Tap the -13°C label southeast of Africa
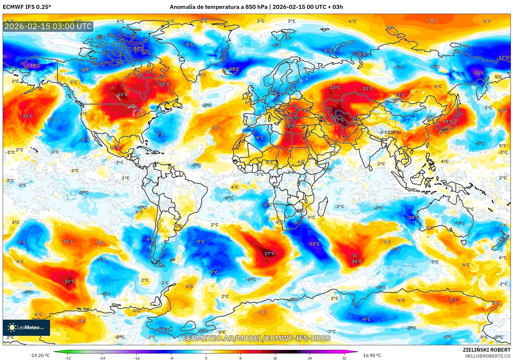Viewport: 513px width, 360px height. point(314,244)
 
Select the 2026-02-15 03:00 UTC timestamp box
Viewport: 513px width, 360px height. point(48,26)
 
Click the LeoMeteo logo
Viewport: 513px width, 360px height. point(26,327)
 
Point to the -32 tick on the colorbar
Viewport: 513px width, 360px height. point(68,358)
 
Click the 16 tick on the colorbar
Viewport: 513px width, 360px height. point(275,358)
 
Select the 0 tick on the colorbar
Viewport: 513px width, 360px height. point(206,358)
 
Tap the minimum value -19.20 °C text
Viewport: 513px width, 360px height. point(40,355)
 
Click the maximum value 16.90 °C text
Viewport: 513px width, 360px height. point(372,355)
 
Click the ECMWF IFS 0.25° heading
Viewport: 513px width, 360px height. point(27,7)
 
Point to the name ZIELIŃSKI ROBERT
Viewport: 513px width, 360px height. point(486,350)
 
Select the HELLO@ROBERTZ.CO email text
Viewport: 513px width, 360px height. point(487,356)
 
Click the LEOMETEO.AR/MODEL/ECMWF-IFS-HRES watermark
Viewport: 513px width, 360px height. point(256,338)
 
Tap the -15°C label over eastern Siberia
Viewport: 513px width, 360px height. point(479,73)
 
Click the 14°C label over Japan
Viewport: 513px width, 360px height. point(448,122)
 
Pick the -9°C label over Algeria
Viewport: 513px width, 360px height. point(259,138)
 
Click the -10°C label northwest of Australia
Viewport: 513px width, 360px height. point(413,217)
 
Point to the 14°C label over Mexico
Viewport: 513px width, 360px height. point(115,148)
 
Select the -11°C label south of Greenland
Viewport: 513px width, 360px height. point(234,69)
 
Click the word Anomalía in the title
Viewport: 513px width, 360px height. point(182,7)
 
